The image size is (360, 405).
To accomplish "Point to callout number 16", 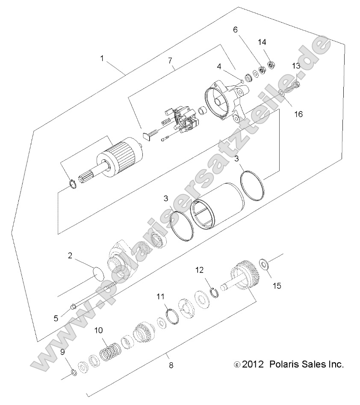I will click(298, 114).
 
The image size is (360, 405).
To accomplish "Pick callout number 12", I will click(199, 270).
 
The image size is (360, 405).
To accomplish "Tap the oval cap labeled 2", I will click(99, 272).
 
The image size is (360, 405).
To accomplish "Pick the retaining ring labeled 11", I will click(169, 315).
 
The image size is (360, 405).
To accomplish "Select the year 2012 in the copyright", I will click(254, 364).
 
